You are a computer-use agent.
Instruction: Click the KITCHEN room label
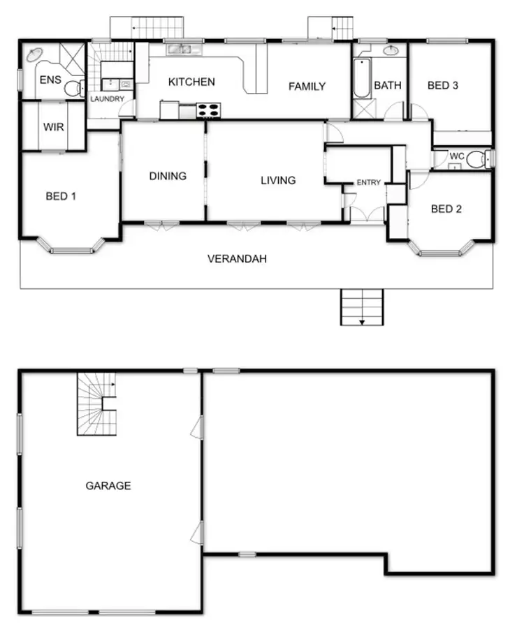(191, 82)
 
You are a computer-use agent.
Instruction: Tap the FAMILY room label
(307, 87)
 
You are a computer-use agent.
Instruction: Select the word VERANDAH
(237, 259)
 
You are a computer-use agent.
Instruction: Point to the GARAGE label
(108, 485)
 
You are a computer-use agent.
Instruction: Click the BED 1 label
(61, 196)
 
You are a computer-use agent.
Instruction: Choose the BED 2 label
(446, 208)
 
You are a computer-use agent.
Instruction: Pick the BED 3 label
(443, 86)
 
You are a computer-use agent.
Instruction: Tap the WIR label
(54, 128)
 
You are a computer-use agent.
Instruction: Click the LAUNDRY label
(107, 99)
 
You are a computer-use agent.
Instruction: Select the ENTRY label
(369, 182)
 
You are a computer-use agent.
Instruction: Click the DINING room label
(168, 176)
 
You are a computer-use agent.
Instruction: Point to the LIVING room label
(278, 180)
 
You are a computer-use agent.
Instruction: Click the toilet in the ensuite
(73, 89)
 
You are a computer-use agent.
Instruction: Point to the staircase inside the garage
(96, 405)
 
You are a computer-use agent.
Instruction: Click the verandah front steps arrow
(362, 321)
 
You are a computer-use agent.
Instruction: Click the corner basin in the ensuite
(34, 55)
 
